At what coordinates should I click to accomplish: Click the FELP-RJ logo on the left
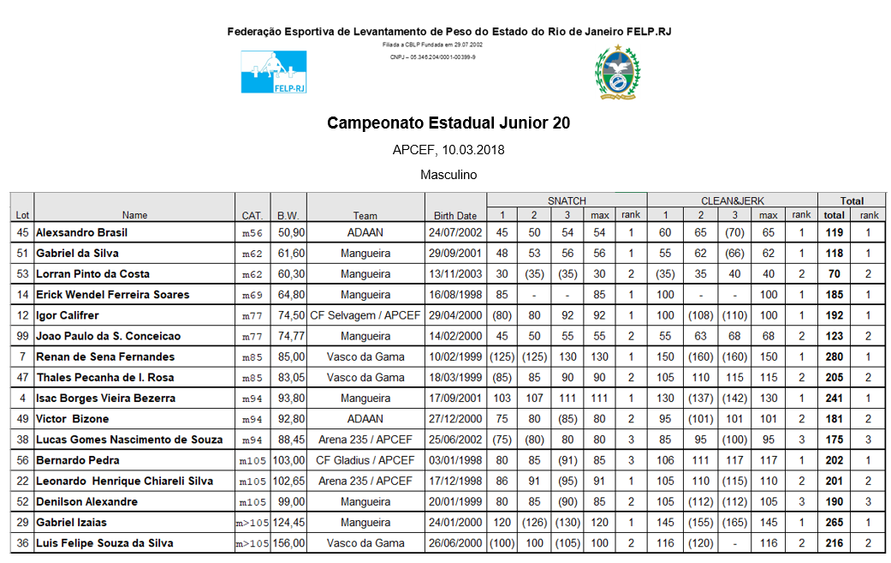click(x=273, y=71)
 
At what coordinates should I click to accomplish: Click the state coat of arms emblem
click(x=617, y=72)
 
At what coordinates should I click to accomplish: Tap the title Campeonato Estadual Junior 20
click(x=448, y=123)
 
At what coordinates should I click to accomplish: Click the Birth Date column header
click(x=455, y=216)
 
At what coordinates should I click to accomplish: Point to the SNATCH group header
click(x=567, y=201)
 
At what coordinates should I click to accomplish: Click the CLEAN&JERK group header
click(x=732, y=201)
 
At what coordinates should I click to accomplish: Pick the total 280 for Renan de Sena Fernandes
click(x=834, y=356)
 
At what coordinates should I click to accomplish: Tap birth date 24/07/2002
click(x=455, y=232)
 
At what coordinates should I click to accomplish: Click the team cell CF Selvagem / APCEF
click(x=365, y=315)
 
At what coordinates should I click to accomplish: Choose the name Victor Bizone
click(x=73, y=419)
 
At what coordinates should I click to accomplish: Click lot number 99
click(x=23, y=336)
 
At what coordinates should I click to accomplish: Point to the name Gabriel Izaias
click(x=71, y=523)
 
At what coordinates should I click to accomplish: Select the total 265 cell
click(x=834, y=523)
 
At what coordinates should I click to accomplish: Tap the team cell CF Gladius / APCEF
click(x=365, y=460)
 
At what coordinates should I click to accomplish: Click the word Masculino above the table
click(x=448, y=175)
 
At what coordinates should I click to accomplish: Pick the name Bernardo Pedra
click(x=78, y=460)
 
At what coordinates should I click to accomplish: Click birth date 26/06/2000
click(x=455, y=543)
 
